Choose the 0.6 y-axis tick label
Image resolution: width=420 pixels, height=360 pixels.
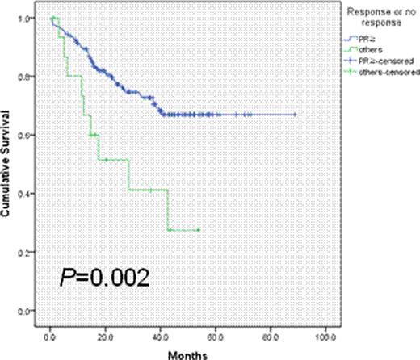[29, 135]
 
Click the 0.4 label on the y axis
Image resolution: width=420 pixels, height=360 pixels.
[29, 194]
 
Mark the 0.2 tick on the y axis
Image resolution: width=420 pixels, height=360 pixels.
[29, 253]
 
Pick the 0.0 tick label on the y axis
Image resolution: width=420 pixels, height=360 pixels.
[29, 312]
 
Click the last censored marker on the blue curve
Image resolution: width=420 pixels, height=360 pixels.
[296, 115]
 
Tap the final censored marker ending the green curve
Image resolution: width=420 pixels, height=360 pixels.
[197, 230]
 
